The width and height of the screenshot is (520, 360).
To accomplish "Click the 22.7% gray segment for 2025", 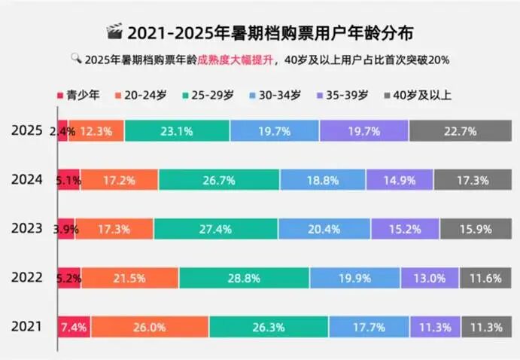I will pos(460,130).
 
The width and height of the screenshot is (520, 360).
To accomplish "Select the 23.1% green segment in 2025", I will pos(177,130).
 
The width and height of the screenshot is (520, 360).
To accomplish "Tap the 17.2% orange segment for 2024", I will pos(119,179).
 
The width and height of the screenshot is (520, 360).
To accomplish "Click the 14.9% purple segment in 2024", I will pos(400,179).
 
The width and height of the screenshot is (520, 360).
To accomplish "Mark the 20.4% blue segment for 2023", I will pos(324,228).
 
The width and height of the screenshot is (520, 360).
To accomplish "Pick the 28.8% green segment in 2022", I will pos(244,278).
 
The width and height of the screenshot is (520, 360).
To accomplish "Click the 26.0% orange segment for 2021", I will pos(150,327).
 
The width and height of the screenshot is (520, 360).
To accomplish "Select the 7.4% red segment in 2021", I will pos(75,327).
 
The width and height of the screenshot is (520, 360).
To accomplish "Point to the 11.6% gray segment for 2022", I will pos(485,278).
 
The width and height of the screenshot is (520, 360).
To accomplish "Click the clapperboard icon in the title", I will pos(114,32).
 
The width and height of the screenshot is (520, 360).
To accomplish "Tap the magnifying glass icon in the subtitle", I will pos(76,58).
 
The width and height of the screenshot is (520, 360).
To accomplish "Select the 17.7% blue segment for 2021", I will pos(369,327).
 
